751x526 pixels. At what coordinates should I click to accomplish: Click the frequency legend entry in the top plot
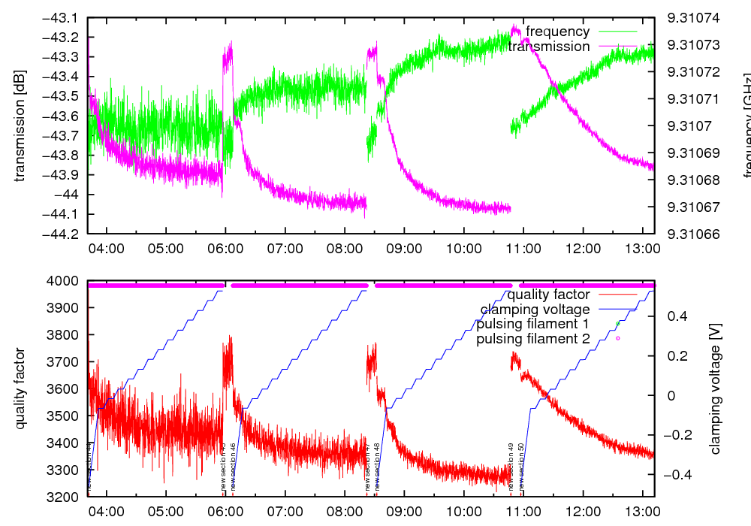(x=557, y=32)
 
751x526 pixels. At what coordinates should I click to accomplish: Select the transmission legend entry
(x=549, y=47)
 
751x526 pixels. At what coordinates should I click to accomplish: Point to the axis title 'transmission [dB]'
(x=20, y=125)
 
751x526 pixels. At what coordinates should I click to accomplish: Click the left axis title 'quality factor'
(x=20, y=388)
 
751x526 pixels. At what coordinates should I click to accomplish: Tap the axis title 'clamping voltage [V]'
(x=716, y=388)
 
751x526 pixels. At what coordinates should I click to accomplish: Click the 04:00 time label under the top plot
(x=107, y=247)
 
